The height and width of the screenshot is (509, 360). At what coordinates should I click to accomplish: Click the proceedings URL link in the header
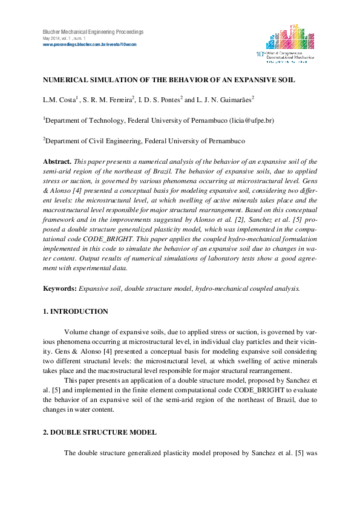pos(90,45)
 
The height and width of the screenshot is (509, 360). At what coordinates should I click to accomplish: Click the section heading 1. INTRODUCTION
pos(75,311)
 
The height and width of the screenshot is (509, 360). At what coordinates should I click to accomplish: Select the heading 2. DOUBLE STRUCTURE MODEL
pos(99,432)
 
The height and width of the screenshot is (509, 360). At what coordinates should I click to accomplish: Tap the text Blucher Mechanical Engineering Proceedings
pos(93,31)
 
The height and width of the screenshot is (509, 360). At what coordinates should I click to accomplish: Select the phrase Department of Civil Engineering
pos(94,141)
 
